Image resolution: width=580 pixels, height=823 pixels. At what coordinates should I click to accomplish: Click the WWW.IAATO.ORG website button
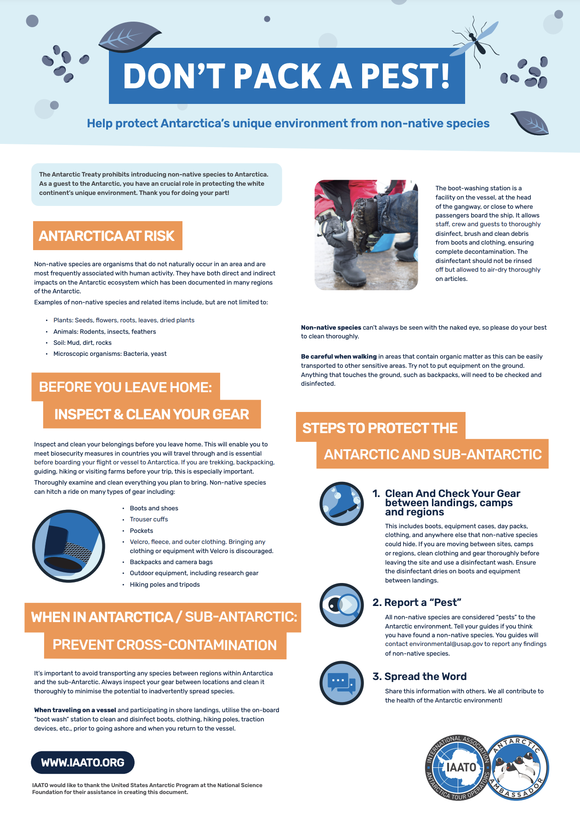click(x=83, y=762)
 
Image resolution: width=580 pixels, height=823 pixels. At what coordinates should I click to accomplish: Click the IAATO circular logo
click(x=457, y=767)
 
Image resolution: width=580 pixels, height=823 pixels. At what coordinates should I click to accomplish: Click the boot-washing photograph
click(x=366, y=235)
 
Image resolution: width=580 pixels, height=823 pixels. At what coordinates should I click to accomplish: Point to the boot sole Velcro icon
click(x=68, y=546)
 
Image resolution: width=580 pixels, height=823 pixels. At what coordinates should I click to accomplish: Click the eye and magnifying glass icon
click(x=341, y=605)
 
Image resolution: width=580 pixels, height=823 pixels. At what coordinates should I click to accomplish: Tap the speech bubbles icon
click(x=341, y=683)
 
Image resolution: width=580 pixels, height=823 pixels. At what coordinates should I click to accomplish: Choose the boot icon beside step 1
click(x=341, y=503)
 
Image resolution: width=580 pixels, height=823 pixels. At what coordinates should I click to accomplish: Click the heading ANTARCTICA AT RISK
click(x=107, y=236)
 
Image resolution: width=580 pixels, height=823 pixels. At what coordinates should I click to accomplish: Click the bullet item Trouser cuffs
click(x=149, y=519)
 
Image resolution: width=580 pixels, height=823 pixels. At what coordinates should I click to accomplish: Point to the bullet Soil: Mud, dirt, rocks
click(x=82, y=343)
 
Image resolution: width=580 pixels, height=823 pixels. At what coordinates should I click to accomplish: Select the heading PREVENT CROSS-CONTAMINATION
click(x=165, y=645)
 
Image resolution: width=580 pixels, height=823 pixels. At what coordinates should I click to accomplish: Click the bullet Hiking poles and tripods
click(x=165, y=584)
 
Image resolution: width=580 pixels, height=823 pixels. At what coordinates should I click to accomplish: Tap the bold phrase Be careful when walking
click(x=339, y=356)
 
